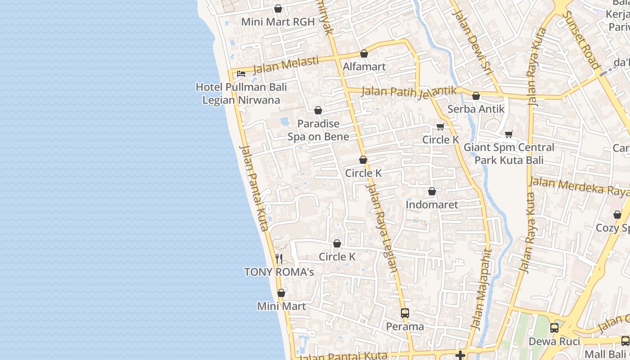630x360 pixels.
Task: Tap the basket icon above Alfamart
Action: pyautogui.click(x=364, y=54)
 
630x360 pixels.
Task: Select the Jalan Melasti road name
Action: pyautogui.click(x=286, y=65)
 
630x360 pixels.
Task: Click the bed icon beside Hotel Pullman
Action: pyautogui.click(x=241, y=73)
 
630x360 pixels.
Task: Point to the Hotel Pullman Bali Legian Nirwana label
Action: pyautogui.click(x=241, y=94)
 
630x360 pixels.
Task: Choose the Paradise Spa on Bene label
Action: pyautogui.click(x=318, y=130)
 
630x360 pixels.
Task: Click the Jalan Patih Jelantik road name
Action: pyautogui.click(x=409, y=91)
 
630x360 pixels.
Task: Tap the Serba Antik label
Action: pyautogui.click(x=476, y=109)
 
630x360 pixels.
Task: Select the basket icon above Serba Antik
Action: pyautogui.click(x=476, y=96)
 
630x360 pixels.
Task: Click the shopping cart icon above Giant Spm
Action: pyautogui.click(x=509, y=134)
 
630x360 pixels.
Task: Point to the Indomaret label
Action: pyautogui.click(x=432, y=205)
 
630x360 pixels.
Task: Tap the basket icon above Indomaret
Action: pyautogui.click(x=432, y=192)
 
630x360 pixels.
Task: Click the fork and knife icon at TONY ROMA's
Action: pyautogui.click(x=279, y=258)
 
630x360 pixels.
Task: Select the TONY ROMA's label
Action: pyautogui.click(x=279, y=272)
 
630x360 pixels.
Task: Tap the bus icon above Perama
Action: pyautogui.click(x=405, y=313)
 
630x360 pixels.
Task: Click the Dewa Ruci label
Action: pyautogui.click(x=554, y=342)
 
